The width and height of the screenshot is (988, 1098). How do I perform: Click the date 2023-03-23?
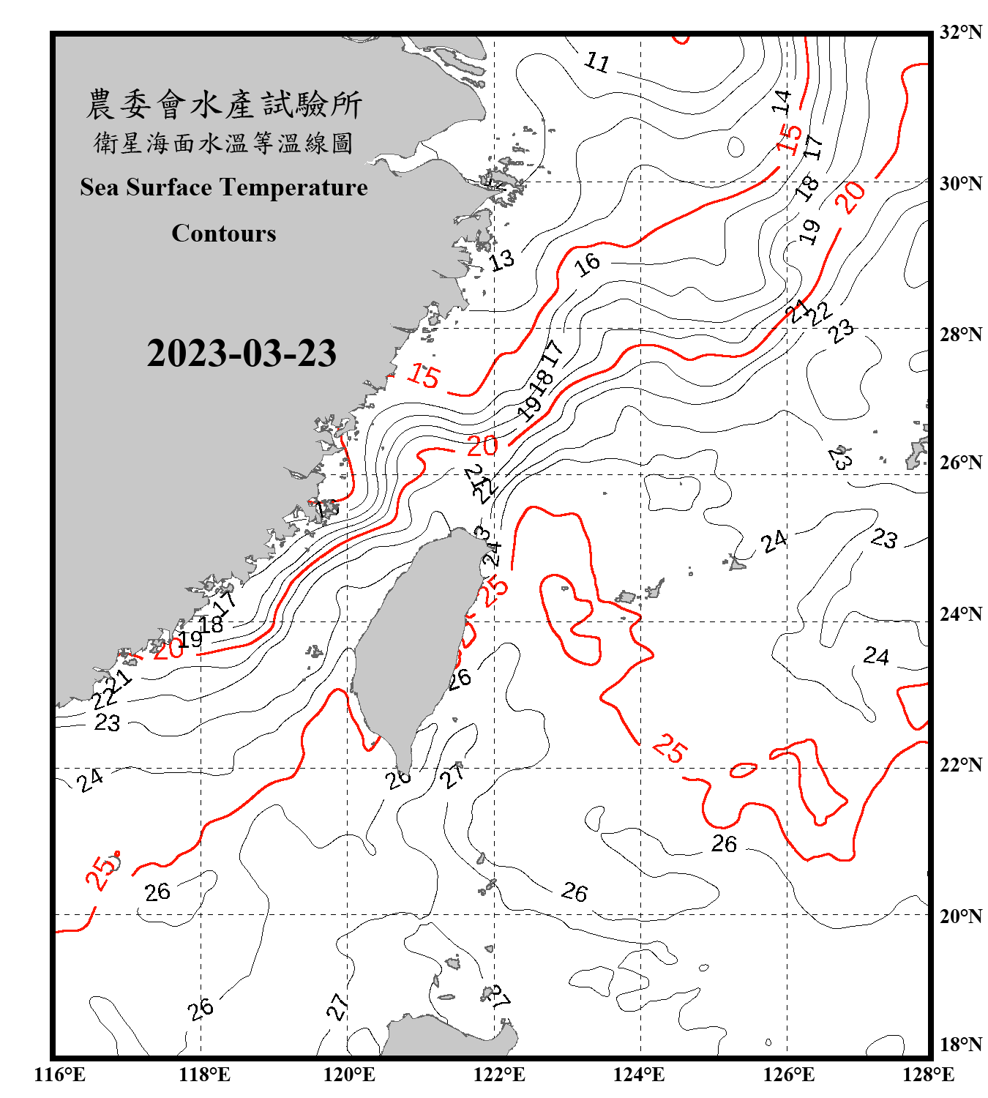242,353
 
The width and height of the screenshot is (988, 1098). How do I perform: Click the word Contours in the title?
224,234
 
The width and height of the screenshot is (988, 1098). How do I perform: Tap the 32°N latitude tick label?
960,32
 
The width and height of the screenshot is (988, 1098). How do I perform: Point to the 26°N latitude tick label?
960,463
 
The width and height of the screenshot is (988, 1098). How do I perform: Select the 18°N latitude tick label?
960,1045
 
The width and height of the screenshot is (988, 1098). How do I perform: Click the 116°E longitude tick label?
60,1075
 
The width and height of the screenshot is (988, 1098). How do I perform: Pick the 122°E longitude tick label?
499,1075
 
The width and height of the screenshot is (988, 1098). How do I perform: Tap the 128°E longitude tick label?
928,1075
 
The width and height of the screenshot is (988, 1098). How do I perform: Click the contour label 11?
597,62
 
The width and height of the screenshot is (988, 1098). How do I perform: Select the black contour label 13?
501,261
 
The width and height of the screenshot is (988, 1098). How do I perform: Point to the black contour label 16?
588,264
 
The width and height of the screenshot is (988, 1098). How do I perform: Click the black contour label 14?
782,101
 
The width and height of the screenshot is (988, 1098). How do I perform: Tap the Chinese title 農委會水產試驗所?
224,104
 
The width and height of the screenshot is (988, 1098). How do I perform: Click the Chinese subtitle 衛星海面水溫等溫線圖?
224,143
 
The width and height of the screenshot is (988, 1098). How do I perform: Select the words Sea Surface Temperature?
224,187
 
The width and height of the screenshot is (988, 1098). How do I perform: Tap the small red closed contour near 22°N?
743,770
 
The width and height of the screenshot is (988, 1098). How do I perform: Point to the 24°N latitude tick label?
960,614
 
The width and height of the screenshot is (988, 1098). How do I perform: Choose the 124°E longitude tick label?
639,1075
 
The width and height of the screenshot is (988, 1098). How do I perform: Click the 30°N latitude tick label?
960,184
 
